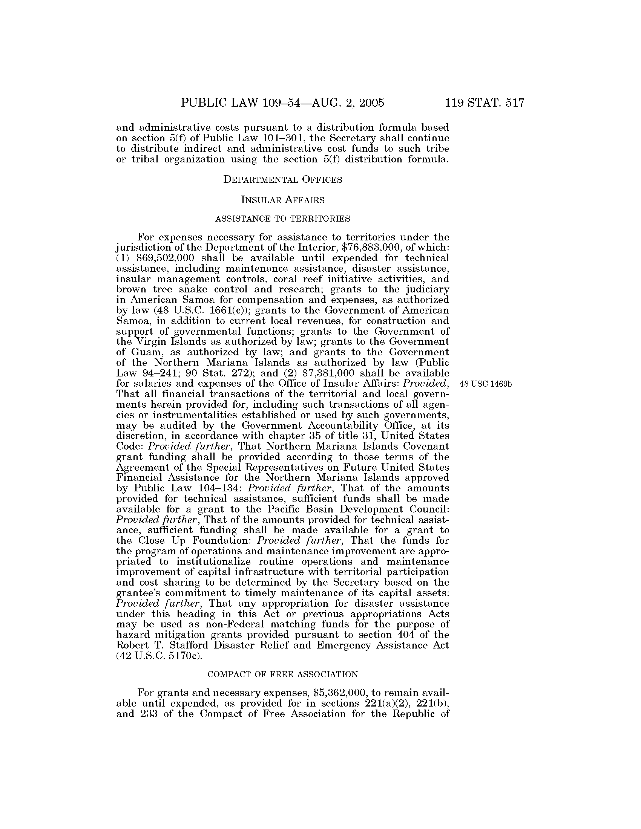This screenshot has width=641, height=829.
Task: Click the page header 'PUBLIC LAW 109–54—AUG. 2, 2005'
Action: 282,103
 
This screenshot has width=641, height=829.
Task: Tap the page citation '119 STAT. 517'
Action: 485,103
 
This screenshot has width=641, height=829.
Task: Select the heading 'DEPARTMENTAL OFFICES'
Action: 282,179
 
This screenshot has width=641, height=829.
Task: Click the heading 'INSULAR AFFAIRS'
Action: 282,200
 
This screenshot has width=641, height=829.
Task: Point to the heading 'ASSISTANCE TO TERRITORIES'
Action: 282,219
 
